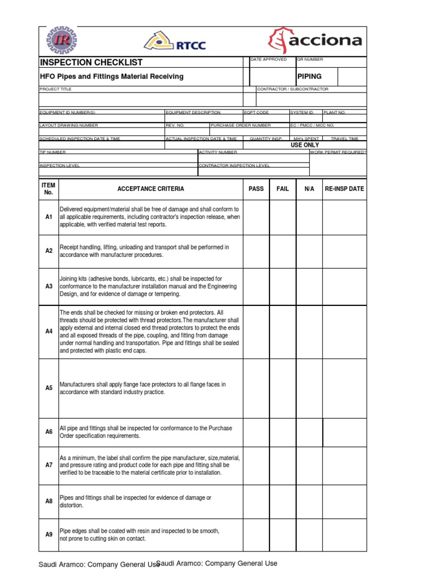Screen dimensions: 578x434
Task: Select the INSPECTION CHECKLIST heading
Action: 91,62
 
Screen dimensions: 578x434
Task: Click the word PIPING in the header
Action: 309,76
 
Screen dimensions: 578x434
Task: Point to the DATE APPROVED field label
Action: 268,59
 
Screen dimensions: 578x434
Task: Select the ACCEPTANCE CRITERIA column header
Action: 150,189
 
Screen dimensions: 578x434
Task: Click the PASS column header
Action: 256,189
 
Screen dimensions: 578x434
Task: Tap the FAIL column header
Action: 283,189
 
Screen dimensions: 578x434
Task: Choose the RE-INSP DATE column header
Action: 344,189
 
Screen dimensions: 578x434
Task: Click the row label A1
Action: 49,217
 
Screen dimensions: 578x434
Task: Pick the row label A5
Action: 49,388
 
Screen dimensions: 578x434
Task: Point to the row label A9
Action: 49,535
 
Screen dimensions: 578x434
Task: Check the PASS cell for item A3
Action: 256,286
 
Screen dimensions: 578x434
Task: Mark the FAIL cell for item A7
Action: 283,465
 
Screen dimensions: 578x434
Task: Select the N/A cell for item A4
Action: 309,331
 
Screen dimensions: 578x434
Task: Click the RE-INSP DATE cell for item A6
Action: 344,432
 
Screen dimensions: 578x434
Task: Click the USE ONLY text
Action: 305,145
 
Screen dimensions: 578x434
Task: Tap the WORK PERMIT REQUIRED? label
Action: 338,152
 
